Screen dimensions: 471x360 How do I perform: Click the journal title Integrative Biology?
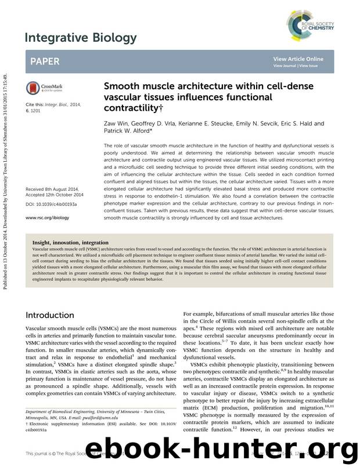(81, 38)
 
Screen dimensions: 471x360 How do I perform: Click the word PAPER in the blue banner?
(45, 61)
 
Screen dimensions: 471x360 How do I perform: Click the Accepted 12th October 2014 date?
(55, 195)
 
